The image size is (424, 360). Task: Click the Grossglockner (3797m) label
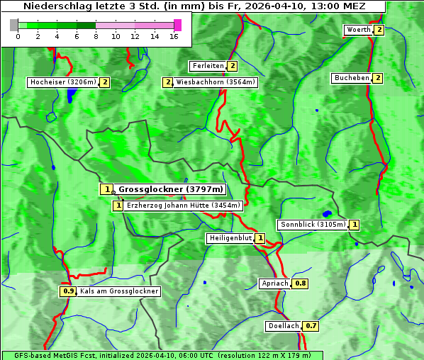(x=170, y=189)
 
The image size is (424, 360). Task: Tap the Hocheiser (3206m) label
(x=62, y=82)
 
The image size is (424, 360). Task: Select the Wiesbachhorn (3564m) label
(x=216, y=82)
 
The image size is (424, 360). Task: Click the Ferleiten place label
(x=208, y=66)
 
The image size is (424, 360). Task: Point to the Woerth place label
(x=358, y=30)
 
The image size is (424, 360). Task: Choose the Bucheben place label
(x=352, y=78)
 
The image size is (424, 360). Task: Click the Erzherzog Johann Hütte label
(x=184, y=206)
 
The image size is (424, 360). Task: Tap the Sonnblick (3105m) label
(x=313, y=225)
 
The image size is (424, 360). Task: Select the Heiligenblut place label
(x=230, y=238)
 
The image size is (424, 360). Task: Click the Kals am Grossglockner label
(x=118, y=291)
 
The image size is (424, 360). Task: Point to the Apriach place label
(x=275, y=283)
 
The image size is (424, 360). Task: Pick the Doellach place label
(x=284, y=326)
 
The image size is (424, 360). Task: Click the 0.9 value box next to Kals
(x=68, y=291)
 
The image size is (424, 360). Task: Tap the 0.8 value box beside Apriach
(x=301, y=283)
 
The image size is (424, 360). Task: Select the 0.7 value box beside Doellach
(x=311, y=326)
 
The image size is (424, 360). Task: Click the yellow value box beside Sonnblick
(x=355, y=225)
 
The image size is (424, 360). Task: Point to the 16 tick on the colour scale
(x=174, y=35)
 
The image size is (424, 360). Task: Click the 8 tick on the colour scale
(x=96, y=35)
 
